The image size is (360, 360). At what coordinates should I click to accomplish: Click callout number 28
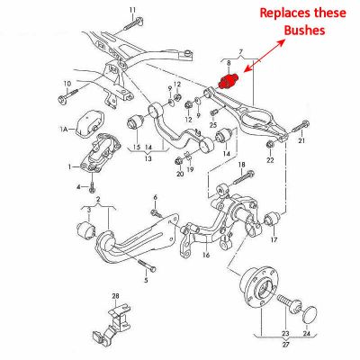pos(115,296)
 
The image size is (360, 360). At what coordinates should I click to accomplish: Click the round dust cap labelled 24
pos(310,312)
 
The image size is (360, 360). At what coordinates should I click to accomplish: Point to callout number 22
pos(269,160)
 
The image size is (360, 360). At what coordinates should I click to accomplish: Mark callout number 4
pos(78,187)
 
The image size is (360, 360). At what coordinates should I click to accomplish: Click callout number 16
pos(206,256)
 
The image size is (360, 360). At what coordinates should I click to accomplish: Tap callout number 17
pos(274,240)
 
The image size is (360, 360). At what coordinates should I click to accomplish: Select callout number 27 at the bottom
pos(287,344)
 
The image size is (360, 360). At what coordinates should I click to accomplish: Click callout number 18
pos(240,163)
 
